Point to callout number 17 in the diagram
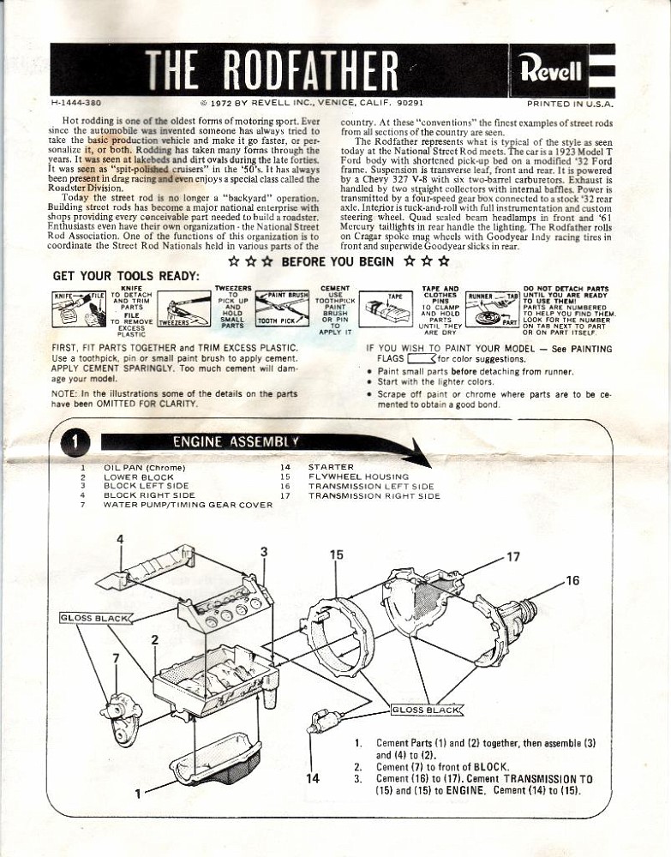[x=512, y=555]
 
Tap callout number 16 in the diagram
[x=572, y=581]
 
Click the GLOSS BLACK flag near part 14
[x=426, y=709]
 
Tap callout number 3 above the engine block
[x=264, y=551]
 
